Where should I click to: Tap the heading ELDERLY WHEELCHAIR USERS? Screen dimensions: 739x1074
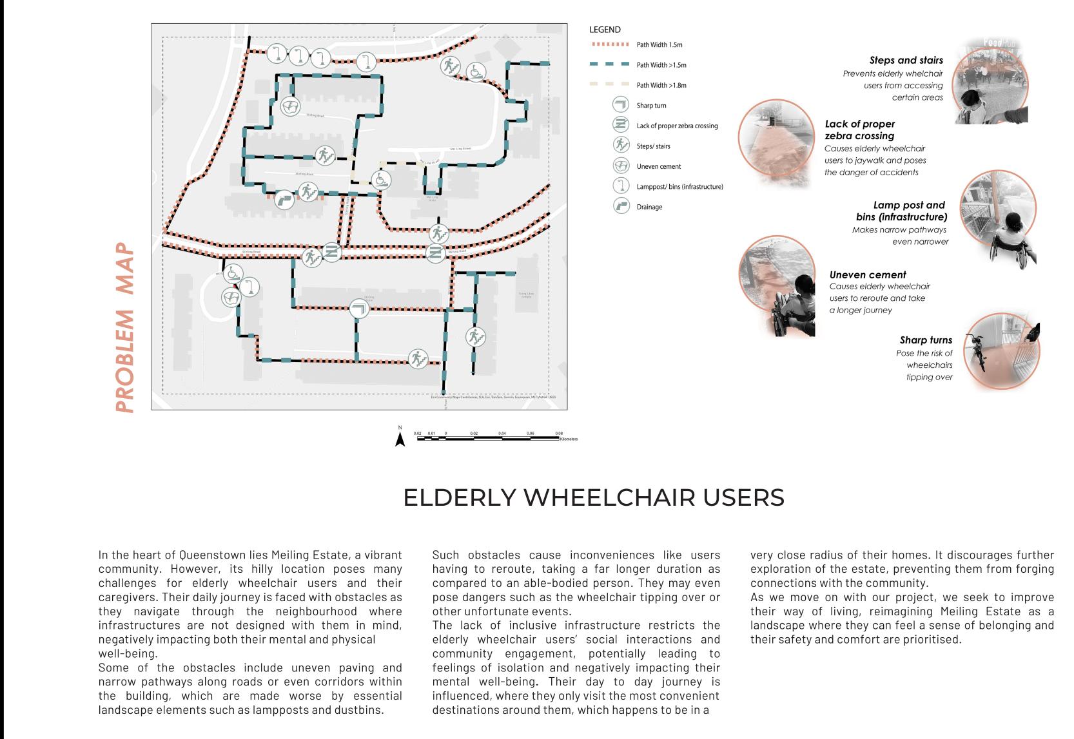(594, 497)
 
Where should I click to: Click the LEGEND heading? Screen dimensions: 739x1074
(605, 30)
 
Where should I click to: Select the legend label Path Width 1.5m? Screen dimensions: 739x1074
(659, 45)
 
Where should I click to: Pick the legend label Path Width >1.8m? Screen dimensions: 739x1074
(661, 85)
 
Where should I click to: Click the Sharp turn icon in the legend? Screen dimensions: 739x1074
(621, 105)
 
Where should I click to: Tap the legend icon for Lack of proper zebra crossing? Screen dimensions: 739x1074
(621, 126)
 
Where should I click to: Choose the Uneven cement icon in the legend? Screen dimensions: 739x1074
(621, 166)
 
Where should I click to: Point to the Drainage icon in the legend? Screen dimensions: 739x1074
(621, 207)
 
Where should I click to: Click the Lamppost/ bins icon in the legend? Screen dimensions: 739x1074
(621, 186)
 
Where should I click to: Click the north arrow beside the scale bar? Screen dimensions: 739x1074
(400, 439)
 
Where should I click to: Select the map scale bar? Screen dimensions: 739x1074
(488, 438)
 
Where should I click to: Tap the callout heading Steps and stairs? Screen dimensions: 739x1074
(906, 61)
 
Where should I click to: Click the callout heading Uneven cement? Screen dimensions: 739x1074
(868, 274)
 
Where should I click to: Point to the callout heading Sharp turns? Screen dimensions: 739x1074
(926, 340)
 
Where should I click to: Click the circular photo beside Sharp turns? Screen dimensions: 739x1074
(1001, 353)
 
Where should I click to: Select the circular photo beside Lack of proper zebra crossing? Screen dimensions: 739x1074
(776, 145)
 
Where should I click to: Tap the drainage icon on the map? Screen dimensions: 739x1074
(284, 200)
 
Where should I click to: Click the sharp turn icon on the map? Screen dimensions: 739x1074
(359, 309)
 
